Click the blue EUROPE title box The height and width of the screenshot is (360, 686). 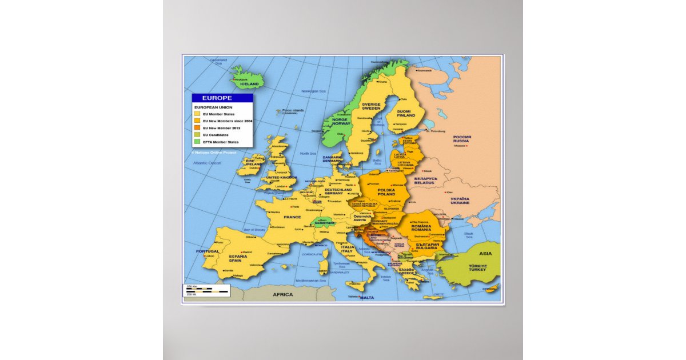[222, 98]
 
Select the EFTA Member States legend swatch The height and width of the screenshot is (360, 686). [197, 142]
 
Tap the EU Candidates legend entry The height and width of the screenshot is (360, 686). [215, 135]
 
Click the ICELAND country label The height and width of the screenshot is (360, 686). [249, 84]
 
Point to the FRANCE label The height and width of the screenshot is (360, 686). [292, 217]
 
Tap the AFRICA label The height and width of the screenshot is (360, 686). [282, 295]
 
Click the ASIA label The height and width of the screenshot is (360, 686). [485, 253]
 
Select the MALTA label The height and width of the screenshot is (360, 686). [366, 298]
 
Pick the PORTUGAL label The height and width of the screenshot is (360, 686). [208, 251]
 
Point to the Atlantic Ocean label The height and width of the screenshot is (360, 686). [207, 163]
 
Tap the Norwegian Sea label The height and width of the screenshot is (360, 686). [313, 91]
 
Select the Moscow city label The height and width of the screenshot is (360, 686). [460, 146]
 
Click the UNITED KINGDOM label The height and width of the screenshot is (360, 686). [281, 178]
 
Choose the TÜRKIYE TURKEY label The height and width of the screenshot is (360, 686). [477, 268]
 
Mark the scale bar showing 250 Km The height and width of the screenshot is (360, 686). [206, 290]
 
